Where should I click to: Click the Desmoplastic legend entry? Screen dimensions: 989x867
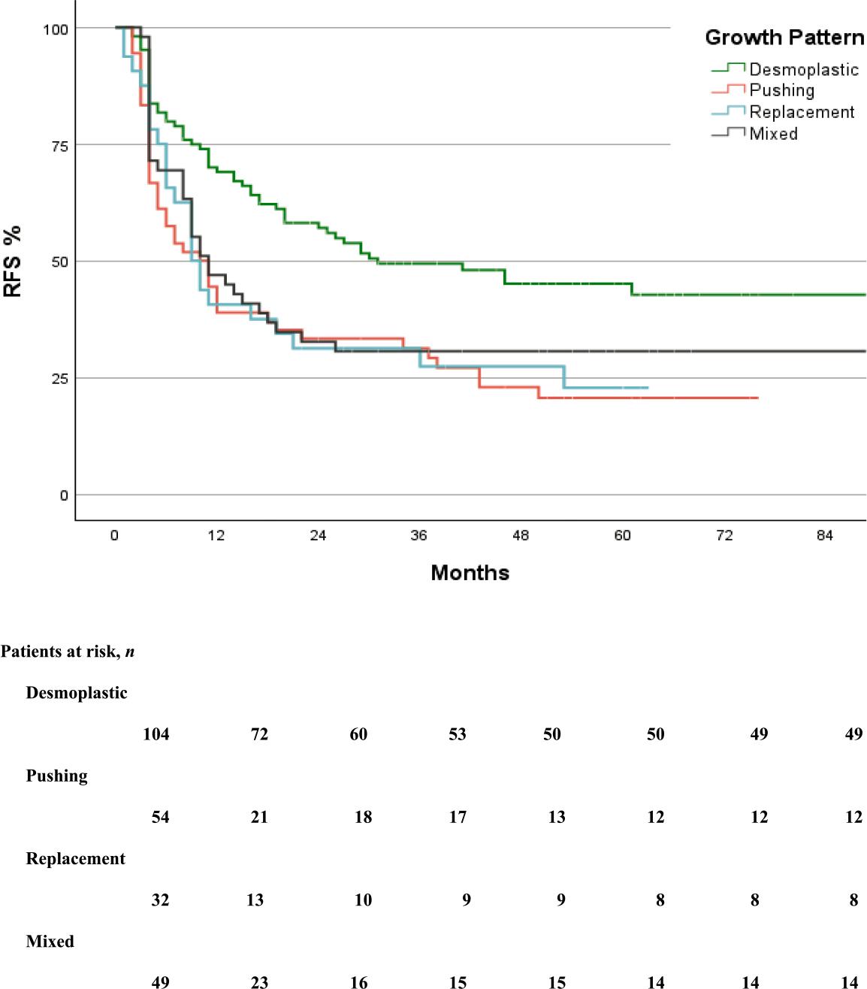803,70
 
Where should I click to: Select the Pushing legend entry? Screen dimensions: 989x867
781,91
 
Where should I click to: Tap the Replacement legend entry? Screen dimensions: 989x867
802,113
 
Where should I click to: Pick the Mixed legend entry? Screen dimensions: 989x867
773,134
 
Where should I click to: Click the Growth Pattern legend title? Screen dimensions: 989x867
784,38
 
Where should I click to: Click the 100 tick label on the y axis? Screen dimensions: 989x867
55,29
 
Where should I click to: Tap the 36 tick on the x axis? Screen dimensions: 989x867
418,536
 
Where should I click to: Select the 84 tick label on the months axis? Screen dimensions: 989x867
825,536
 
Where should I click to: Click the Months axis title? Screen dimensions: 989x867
470,573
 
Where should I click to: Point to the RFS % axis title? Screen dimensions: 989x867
14,262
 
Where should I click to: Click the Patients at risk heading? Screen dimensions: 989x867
68,652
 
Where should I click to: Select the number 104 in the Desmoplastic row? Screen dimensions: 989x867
156,734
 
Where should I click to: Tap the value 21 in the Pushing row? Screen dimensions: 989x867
259,817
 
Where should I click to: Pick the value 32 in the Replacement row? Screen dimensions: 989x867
160,900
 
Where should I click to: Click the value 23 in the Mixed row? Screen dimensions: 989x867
259,981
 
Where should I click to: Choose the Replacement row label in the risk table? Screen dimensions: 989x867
75,859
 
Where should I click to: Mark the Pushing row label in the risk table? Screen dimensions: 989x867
56,776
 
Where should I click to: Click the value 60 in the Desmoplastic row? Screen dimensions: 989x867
358,734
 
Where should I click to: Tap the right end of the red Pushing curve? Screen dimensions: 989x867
757,398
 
